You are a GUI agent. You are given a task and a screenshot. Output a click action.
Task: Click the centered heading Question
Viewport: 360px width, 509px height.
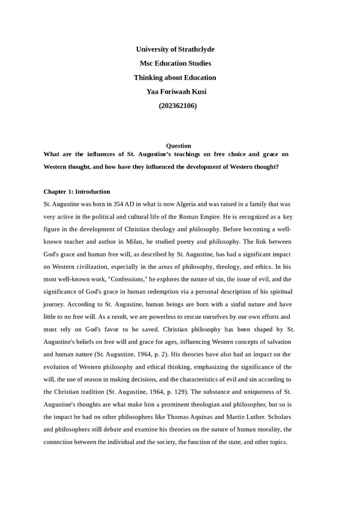point(178,146)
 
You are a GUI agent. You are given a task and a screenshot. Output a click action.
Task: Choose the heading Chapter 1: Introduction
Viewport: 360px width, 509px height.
point(77,191)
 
